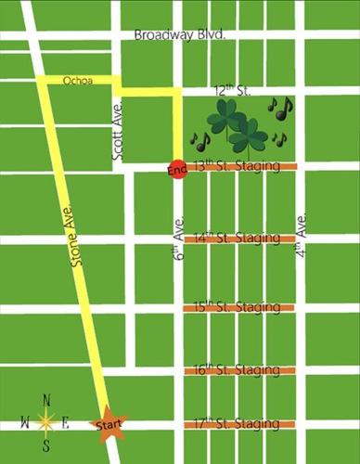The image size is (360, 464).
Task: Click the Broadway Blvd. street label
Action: (x=180, y=34)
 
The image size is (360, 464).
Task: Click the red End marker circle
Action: (x=178, y=172)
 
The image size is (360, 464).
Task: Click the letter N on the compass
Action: (x=45, y=400)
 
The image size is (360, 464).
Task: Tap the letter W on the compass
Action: (x=24, y=423)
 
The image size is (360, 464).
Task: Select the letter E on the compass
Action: (x=66, y=423)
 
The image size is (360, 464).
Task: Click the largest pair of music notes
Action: (x=280, y=109)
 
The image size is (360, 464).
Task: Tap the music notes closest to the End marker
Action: (x=200, y=141)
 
